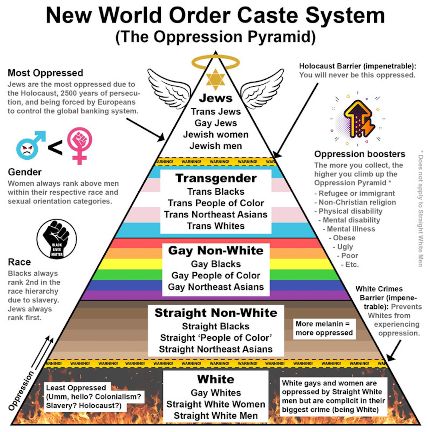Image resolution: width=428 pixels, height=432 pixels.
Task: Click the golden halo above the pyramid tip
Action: (x=215, y=62)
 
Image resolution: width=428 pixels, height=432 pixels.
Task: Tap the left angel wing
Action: (x=168, y=87)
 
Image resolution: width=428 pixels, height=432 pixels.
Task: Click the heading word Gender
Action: (x=25, y=172)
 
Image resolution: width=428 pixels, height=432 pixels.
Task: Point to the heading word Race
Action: (x=19, y=262)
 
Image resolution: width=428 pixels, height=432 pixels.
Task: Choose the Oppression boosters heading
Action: (x=360, y=154)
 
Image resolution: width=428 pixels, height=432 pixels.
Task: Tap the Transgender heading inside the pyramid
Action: (x=216, y=178)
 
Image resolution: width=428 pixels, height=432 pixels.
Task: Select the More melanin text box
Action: (x=324, y=328)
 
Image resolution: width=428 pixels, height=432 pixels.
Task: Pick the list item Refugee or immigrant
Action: (x=356, y=193)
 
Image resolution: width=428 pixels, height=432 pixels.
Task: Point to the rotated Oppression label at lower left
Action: (x=21, y=391)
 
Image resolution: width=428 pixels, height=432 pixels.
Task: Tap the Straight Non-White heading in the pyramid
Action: (x=216, y=313)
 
